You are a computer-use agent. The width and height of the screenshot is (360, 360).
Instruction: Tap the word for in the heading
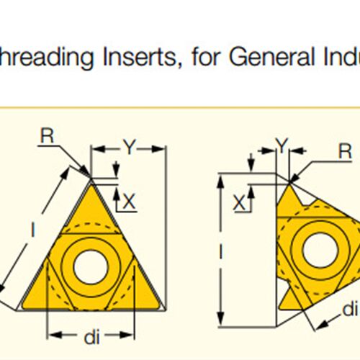(x=205, y=56)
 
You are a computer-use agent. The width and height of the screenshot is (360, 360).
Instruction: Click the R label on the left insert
(x=48, y=136)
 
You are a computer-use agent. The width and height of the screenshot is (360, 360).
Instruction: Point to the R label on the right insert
(x=345, y=151)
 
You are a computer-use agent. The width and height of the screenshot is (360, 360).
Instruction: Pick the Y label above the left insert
(x=130, y=147)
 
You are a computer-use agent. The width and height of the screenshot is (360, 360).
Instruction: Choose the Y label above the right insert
(x=282, y=145)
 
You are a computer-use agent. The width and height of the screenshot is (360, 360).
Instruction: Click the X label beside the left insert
(x=129, y=202)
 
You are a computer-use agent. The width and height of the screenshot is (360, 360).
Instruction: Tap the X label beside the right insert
(x=239, y=203)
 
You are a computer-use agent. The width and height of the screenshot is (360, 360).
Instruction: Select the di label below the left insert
(x=91, y=337)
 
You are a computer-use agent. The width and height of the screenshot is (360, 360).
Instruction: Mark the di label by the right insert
(x=351, y=309)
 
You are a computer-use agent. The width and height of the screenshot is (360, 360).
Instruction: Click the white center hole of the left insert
(x=91, y=267)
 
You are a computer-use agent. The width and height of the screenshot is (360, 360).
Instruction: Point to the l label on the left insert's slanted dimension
(x=33, y=229)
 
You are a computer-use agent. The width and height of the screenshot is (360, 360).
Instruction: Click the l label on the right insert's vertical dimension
(x=221, y=252)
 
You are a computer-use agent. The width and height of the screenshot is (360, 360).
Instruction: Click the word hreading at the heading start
(x=46, y=57)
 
